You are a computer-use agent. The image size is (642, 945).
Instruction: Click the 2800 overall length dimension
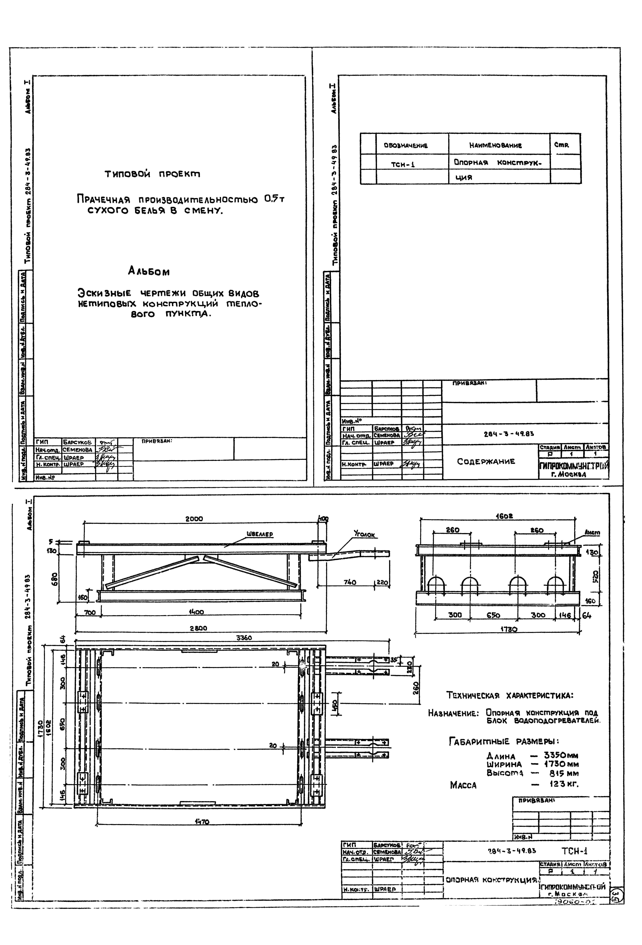pyautogui.click(x=198, y=628)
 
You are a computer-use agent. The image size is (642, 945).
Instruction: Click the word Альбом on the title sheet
pyautogui.click(x=149, y=271)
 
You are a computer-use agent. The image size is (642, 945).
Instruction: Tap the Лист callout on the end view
pyautogui.click(x=592, y=532)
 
